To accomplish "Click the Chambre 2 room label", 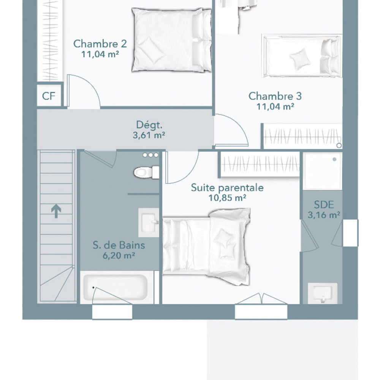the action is coord(100,44).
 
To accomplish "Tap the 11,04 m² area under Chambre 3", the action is coord(275,106).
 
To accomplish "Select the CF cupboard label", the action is coord(49,96).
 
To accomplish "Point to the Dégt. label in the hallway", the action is coord(149,125).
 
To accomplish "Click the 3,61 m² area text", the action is coord(149,135).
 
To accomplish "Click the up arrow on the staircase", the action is coord(56,211).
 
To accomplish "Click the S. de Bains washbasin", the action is coord(149,222).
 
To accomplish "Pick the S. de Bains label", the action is coord(119,245).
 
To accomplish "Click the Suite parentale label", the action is coord(227,188).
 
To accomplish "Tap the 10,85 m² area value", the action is coord(227,198).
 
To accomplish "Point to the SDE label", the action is coord(324,205).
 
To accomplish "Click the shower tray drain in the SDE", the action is coord(334,160).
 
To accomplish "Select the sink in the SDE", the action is coord(323,293).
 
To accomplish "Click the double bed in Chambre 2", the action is coord(172,40).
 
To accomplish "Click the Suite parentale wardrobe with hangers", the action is coord(260,164).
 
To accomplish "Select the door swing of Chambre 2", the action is coord(83,91).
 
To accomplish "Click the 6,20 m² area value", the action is coord(119,255).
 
